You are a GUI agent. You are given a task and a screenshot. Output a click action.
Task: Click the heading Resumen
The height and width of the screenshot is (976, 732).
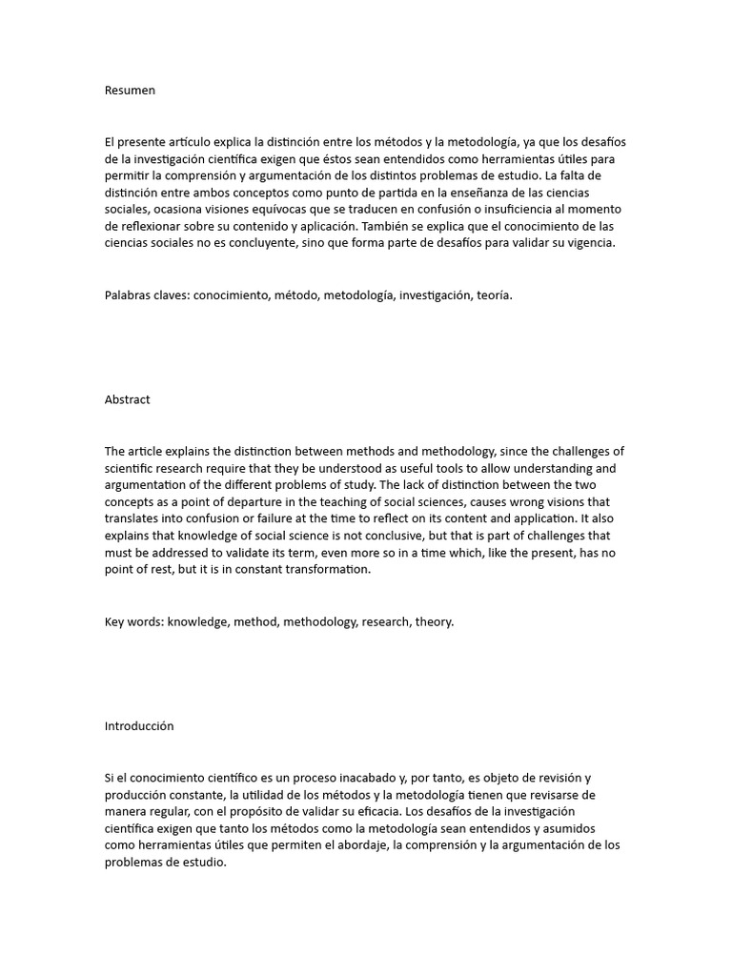130,91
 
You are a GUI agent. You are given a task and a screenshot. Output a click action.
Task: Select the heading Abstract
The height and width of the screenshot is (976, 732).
127,399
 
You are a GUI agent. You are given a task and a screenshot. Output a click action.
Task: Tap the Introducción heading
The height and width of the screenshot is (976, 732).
139,725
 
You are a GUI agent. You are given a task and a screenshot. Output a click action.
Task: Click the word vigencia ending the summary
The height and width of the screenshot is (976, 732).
591,244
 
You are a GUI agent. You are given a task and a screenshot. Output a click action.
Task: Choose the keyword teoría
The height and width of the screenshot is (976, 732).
494,295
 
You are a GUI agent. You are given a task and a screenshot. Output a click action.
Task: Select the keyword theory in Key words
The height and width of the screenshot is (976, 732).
434,621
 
